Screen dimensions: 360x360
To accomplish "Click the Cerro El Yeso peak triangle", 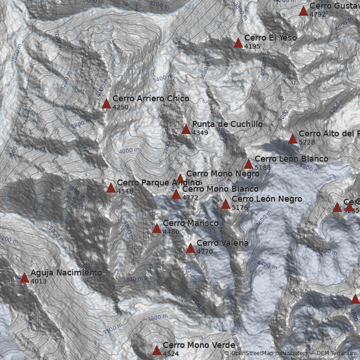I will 238,43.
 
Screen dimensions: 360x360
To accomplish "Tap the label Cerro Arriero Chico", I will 151,99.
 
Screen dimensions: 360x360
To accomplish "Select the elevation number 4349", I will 200,133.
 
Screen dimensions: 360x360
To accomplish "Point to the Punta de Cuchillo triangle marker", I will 186,130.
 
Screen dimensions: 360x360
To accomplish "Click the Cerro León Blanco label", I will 291,159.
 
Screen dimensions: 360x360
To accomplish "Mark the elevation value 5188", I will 263,167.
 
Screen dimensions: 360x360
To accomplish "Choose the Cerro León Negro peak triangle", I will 225,204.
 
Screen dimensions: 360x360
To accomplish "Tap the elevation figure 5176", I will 240,207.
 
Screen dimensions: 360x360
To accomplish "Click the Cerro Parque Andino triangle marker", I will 111,188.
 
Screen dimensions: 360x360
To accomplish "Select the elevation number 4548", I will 125,191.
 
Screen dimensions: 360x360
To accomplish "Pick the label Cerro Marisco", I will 190,223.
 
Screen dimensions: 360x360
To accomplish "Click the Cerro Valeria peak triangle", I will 190,248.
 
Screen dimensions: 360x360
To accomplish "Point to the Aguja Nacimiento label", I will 66,273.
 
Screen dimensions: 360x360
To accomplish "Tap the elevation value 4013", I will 39,281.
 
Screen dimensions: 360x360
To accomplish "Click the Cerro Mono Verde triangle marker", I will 157,350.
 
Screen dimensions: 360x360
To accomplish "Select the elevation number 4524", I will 171,354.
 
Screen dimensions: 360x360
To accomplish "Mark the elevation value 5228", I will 307,142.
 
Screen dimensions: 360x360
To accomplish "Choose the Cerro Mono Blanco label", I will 220,189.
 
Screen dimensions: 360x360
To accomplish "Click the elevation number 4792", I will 318,14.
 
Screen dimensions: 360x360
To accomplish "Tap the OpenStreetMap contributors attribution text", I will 265,353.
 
